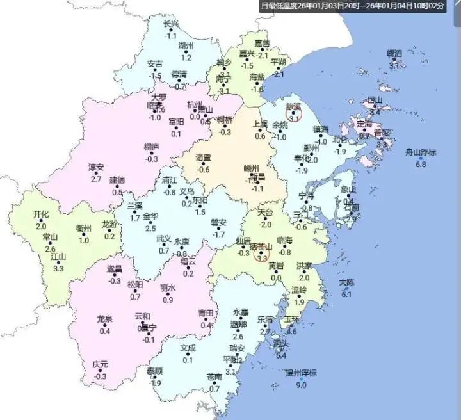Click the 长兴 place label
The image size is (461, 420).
point(171,24)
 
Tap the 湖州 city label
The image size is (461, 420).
point(186,46)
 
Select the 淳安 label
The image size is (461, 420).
point(96,168)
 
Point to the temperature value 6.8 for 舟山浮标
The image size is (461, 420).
point(421,165)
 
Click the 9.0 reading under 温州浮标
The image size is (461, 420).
point(300,385)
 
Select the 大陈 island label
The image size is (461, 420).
point(346,282)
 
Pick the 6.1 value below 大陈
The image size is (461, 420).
point(346,294)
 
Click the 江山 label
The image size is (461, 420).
point(58,257)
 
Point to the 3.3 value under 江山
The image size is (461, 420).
point(58,268)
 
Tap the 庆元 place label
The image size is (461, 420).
point(100,364)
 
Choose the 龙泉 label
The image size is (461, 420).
point(104,319)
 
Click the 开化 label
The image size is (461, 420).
point(41,214)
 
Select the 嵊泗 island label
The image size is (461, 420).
point(394,54)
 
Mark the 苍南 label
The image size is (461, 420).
point(214,376)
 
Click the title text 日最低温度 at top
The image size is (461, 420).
point(281,6)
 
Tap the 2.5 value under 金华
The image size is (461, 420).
point(150,228)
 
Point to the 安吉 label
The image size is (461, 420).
point(155,64)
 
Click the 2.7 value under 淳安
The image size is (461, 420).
point(96,179)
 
